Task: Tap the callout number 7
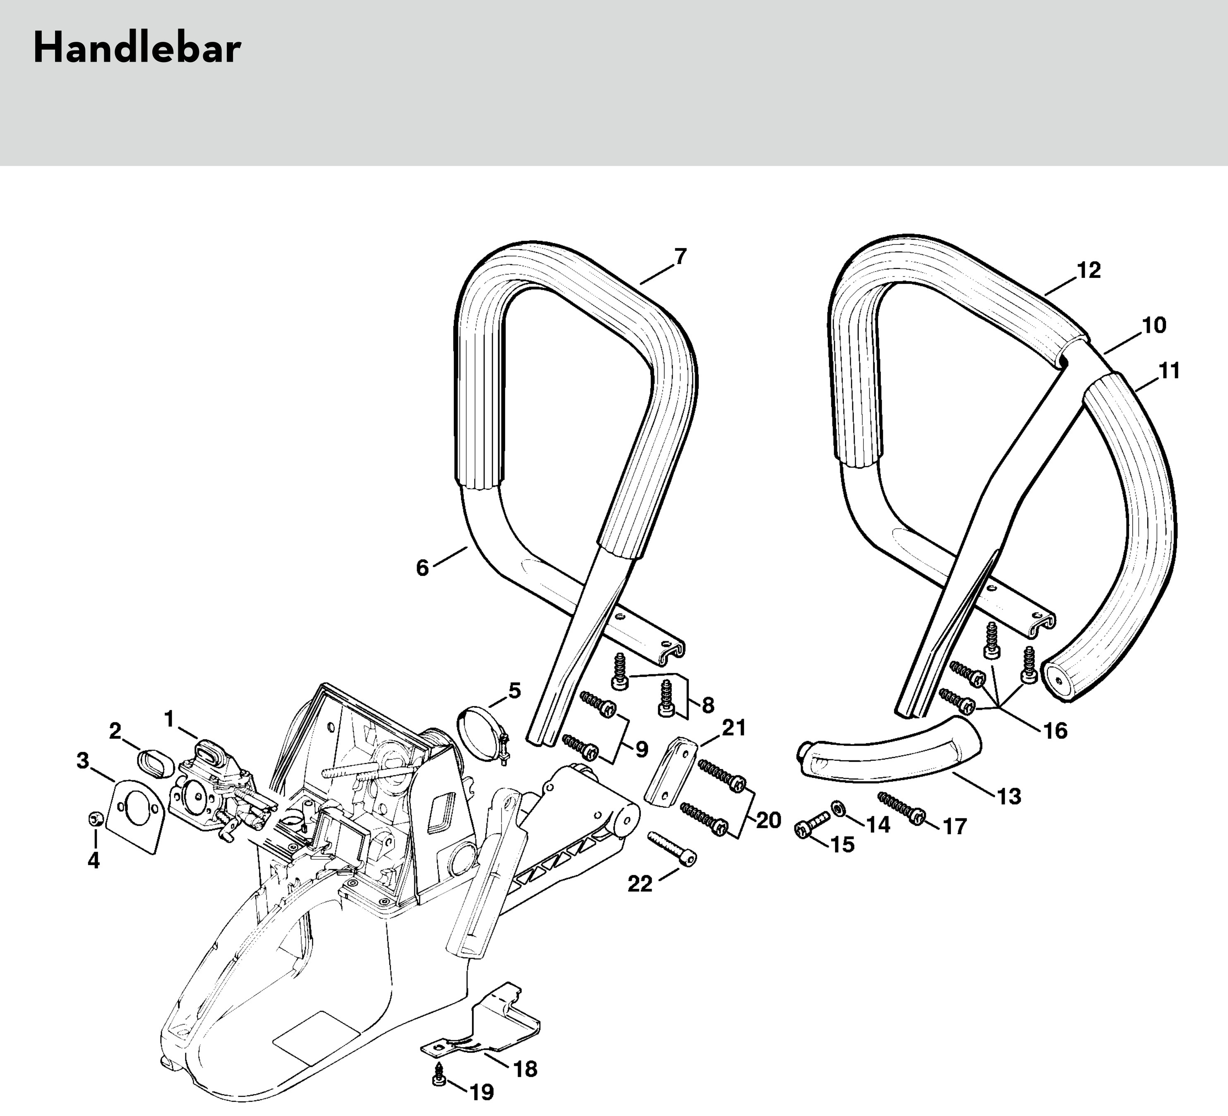680,257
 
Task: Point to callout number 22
640,884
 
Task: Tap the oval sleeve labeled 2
156,764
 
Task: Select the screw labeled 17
902,808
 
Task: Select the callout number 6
422,568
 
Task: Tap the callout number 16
1055,730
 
